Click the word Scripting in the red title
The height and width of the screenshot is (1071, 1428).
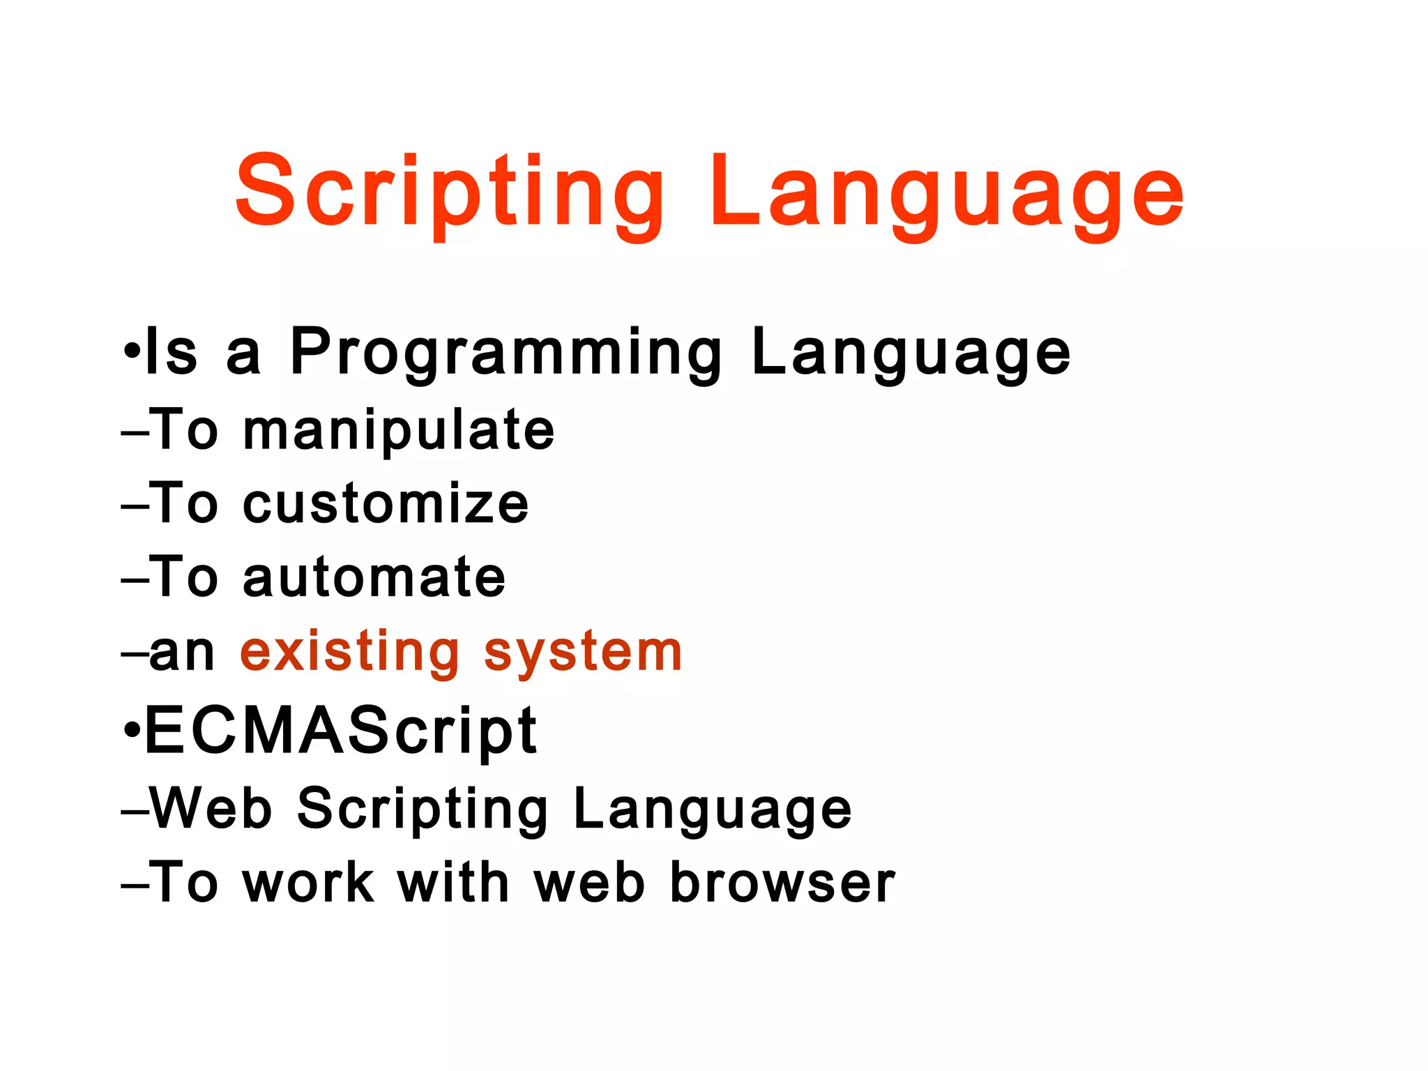coord(450,192)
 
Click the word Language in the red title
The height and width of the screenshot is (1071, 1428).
coord(946,192)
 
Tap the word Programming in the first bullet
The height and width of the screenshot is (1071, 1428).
coord(506,354)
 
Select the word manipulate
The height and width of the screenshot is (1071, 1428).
coord(399,431)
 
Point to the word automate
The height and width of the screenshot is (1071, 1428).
coord(374,577)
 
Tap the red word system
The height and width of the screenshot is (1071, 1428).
coord(583,653)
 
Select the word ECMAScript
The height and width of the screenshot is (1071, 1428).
coord(340,731)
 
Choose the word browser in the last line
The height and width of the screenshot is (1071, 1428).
coord(782,882)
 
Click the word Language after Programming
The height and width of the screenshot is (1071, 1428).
coord(911,354)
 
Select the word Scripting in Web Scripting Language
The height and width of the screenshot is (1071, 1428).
coord(423,809)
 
